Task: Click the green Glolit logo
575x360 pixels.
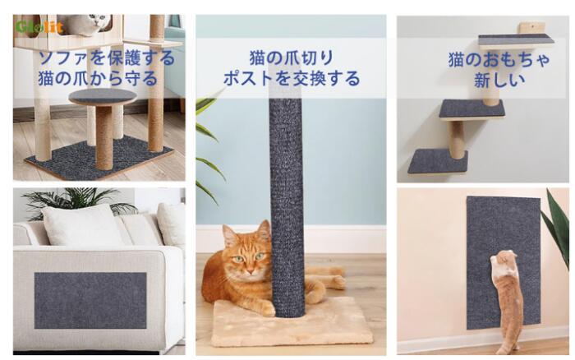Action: [x=39, y=27]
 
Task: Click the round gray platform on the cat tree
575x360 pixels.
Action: [x=103, y=96]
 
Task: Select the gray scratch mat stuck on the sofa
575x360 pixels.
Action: [x=90, y=301]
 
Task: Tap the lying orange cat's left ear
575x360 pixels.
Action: [x=230, y=236]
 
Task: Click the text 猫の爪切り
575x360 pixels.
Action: [x=292, y=58]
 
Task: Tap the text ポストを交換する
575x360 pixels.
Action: [x=292, y=78]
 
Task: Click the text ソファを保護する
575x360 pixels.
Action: [x=107, y=58]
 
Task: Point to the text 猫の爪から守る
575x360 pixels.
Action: [x=98, y=78]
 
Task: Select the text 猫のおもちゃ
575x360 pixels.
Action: [x=499, y=59]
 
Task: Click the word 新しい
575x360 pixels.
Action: [x=499, y=80]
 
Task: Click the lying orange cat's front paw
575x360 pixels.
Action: [x=266, y=309]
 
